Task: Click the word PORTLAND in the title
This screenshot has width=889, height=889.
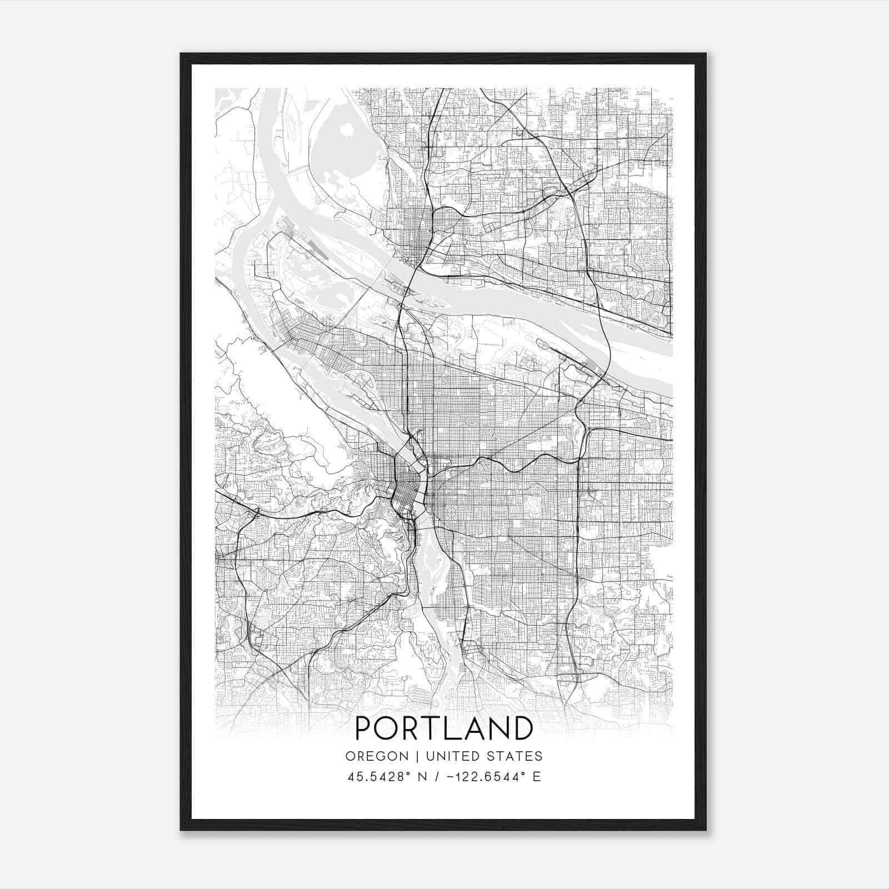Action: (x=443, y=728)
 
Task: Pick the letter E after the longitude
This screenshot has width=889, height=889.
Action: (x=536, y=777)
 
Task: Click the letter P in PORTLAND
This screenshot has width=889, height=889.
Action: (x=364, y=728)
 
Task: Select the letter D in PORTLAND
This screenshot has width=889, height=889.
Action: (x=522, y=728)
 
